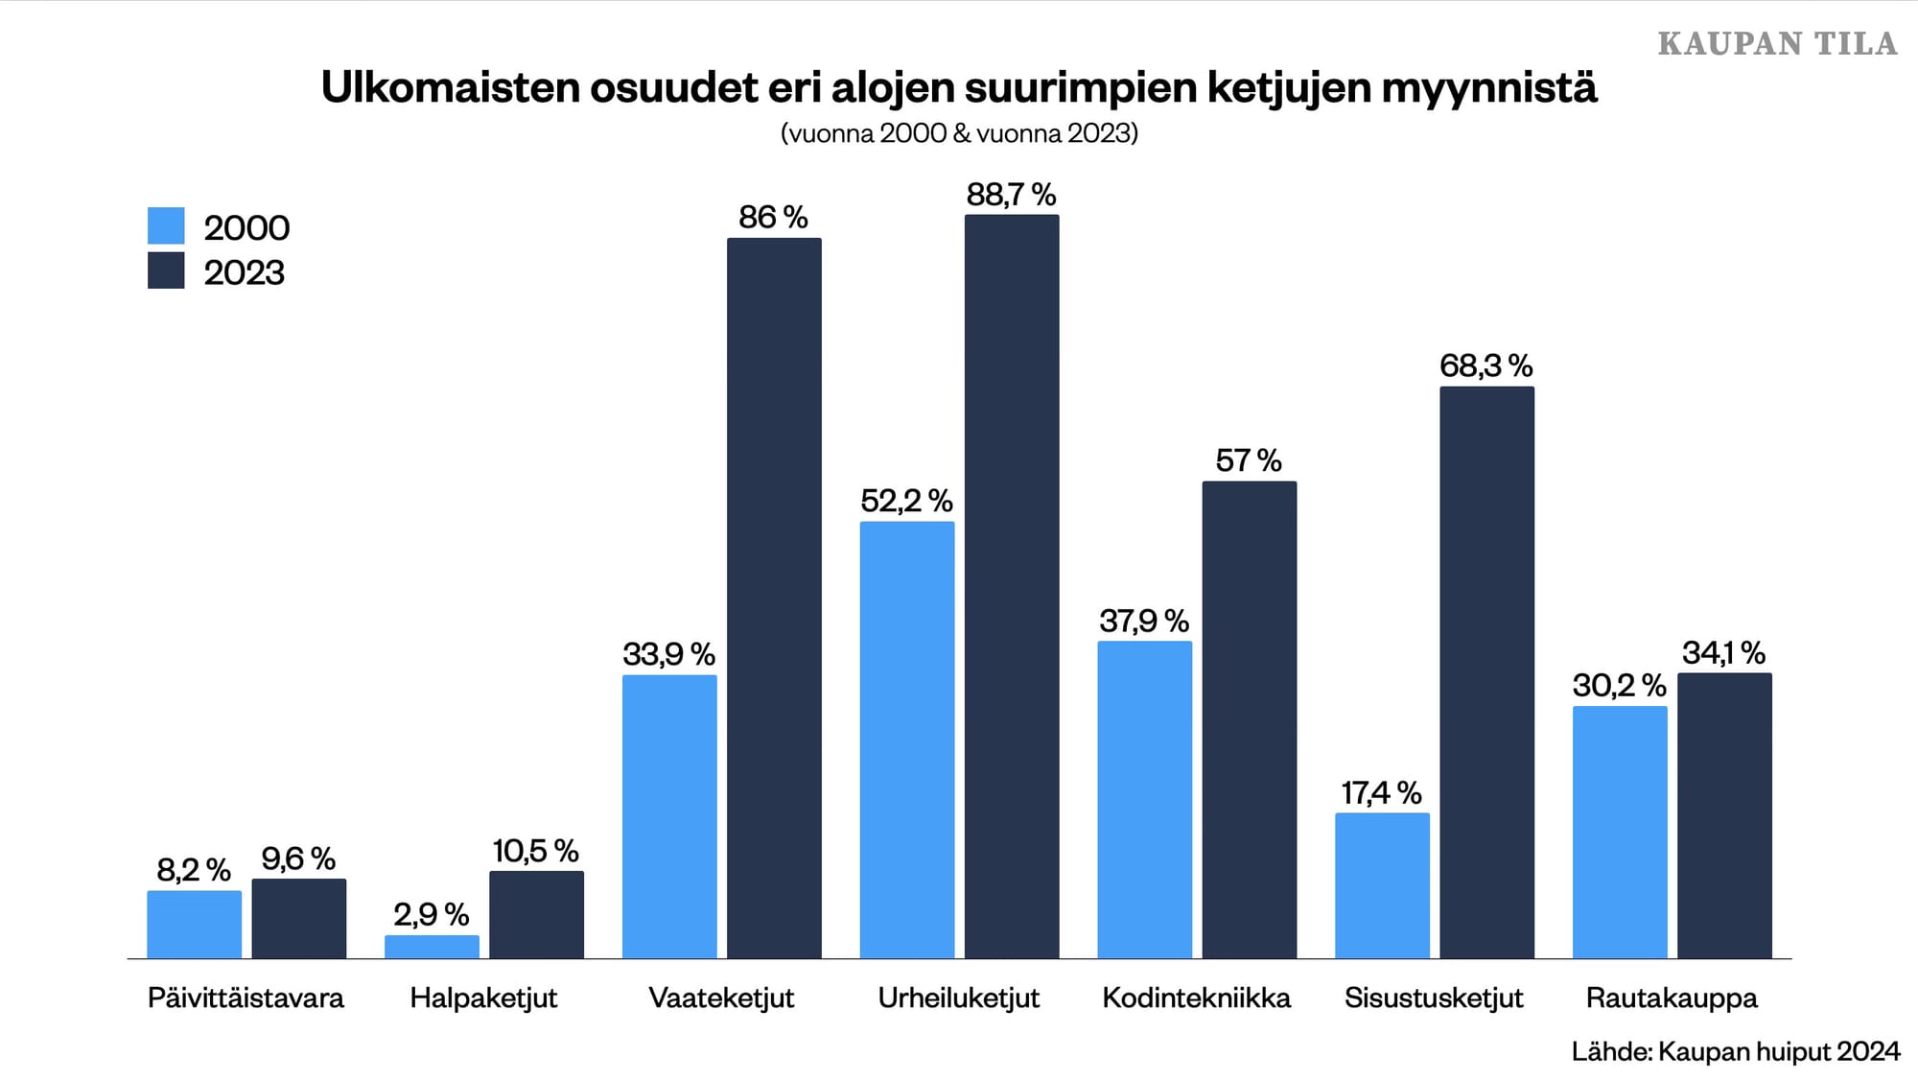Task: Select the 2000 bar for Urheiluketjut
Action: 906,740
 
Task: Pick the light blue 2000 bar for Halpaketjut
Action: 432,947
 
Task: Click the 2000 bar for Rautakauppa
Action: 1620,832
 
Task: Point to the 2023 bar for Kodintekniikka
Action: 1249,719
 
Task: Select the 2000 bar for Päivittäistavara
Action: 194,924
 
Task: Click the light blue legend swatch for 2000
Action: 166,226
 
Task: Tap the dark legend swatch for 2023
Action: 166,271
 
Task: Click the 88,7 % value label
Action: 1011,195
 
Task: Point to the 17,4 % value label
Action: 1381,793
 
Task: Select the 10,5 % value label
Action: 535,851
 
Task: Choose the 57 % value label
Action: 1249,460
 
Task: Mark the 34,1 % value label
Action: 1723,653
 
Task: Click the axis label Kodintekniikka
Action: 1196,998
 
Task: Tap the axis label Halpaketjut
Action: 483,998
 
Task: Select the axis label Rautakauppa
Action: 1672,998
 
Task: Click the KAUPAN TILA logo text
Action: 1777,44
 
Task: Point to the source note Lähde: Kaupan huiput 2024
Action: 1735,1051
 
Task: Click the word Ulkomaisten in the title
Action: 450,88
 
